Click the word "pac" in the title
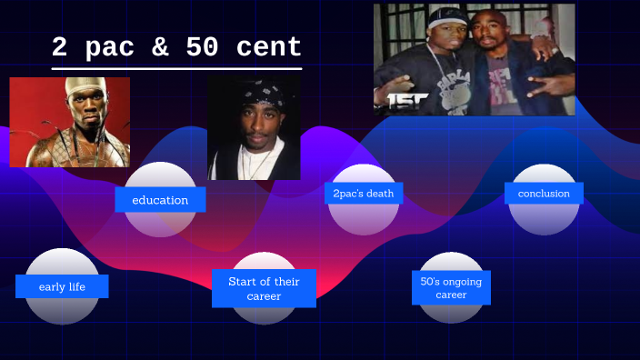[x=109, y=47]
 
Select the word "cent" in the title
[x=269, y=47]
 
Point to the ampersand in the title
[x=160, y=47]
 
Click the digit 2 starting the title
[x=59, y=47]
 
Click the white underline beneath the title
[x=176, y=68]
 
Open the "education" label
[x=160, y=199]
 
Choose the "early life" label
[x=62, y=286]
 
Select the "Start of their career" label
[x=264, y=288]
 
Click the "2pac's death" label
[x=364, y=193]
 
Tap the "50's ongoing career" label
[x=451, y=288]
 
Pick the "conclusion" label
[x=544, y=193]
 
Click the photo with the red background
[x=69, y=122]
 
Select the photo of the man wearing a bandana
[x=254, y=127]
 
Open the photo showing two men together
[x=474, y=59]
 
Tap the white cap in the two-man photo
[x=446, y=16]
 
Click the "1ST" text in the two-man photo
[x=402, y=101]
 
